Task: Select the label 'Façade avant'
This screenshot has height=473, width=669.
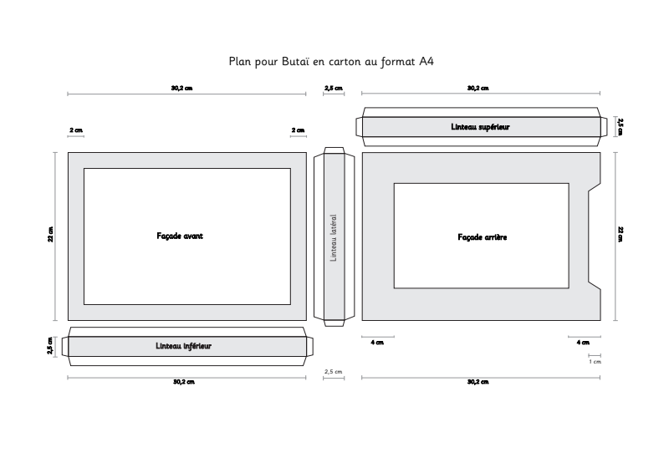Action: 180,236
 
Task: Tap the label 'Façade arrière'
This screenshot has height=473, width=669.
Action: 483,237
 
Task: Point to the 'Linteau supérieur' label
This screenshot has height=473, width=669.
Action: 480,127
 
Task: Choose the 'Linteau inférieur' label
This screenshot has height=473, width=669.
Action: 183,346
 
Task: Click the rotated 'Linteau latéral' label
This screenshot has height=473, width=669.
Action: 334,237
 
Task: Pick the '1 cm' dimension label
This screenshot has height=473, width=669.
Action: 595,362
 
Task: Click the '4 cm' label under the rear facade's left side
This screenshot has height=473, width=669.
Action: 377,343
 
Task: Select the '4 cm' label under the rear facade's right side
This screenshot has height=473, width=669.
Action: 583,343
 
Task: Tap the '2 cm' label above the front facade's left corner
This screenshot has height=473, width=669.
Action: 76,130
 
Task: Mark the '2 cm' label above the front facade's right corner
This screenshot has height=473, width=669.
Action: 299,130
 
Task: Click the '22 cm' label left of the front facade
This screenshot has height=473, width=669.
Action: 51,235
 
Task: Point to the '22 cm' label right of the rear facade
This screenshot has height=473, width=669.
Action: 620,235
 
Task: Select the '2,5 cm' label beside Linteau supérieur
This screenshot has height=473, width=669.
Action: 620,127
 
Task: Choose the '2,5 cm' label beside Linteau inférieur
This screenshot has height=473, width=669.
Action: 50,346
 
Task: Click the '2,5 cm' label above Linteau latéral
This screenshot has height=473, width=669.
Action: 334,89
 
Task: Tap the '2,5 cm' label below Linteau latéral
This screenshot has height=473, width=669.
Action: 333,372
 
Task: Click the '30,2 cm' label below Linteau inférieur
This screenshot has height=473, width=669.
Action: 184,382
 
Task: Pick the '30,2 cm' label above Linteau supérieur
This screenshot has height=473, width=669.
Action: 478,89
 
